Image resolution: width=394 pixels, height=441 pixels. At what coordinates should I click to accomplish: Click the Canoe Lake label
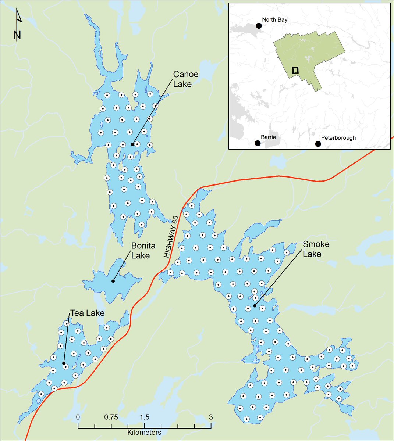[186, 79]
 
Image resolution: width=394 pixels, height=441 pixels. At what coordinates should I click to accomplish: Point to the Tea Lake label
[87, 313]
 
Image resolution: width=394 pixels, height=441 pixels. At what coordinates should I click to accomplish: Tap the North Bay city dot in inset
[259, 26]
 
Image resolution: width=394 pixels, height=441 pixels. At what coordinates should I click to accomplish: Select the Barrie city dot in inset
[258, 143]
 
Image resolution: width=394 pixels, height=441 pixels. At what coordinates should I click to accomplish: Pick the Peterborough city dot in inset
[318, 144]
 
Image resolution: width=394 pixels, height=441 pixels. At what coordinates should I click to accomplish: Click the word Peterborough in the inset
[338, 138]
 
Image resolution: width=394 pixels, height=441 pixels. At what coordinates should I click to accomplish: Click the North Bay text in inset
[274, 20]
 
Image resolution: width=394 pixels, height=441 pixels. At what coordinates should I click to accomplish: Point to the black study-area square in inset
[295, 70]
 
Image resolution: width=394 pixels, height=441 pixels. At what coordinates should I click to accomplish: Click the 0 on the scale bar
[78, 417]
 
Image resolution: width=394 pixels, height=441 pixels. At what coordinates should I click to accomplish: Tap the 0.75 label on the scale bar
[111, 417]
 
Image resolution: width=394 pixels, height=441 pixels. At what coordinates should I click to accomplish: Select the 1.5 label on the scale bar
[145, 417]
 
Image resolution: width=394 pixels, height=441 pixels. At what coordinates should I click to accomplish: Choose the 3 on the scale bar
[211, 417]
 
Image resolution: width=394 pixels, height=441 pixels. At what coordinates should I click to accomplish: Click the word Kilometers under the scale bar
[144, 433]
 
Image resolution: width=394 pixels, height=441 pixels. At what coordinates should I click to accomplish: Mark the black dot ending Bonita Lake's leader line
[113, 281]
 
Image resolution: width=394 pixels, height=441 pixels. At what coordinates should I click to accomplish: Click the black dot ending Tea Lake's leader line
[64, 363]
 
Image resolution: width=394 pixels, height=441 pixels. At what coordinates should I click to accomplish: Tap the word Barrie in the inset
[268, 137]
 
